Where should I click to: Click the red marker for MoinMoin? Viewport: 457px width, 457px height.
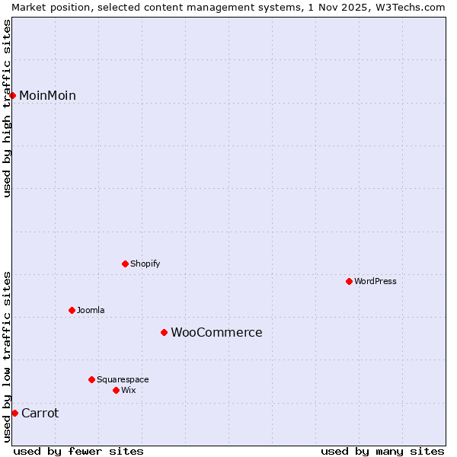(x=13, y=95)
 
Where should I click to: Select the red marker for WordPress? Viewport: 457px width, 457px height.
(x=349, y=281)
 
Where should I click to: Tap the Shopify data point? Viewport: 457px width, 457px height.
(x=125, y=264)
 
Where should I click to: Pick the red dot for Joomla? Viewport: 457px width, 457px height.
(x=72, y=310)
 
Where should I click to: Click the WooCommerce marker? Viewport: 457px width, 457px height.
(x=164, y=332)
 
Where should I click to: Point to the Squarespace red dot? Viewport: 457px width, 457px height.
(x=91, y=379)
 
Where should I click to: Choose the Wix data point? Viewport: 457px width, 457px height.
(x=116, y=390)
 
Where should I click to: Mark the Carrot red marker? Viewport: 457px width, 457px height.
(x=14, y=413)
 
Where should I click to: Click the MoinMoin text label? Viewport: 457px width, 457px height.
(x=47, y=95)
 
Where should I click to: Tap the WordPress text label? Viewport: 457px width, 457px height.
(x=376, y=281)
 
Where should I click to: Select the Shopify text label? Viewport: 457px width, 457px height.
(x=145, y=264)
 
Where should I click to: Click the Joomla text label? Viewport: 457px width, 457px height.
(x=91, y=310)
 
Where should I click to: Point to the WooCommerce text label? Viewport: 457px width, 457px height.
(x=216, y=332)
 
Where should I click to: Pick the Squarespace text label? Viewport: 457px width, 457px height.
(x=123, y=379)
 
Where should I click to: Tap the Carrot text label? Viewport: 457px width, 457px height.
(x=40, y=413)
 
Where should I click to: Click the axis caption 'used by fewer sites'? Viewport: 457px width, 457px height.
(x=78, y=451)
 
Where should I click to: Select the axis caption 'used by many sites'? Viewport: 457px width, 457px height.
(x=382, y=451)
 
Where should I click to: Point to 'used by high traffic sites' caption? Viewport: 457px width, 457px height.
(x=8, y=108)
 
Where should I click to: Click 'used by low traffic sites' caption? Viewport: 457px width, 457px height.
(x=8, y=356)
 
